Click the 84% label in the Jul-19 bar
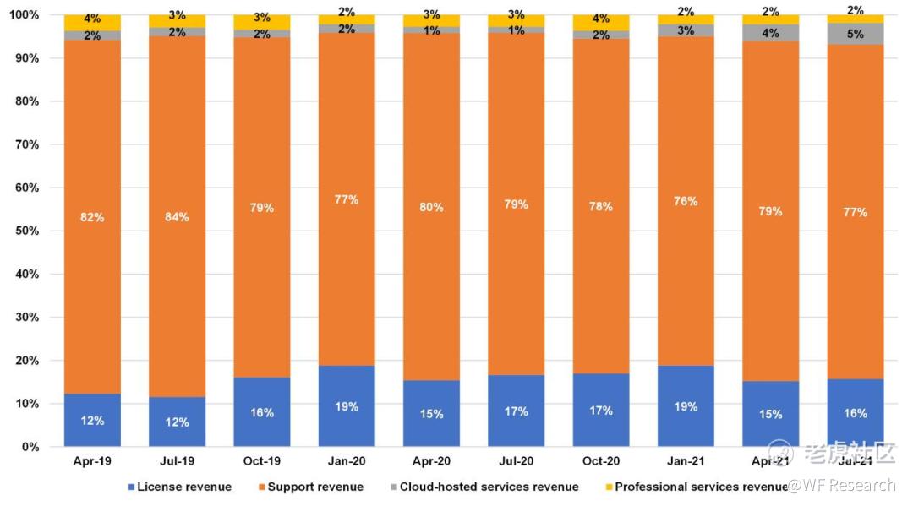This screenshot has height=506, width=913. (177, 217)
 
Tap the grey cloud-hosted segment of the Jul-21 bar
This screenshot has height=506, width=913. (856, 34)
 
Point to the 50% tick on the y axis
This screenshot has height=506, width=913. (27, 231)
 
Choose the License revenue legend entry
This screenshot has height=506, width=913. (180, 487)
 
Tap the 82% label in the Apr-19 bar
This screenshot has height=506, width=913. (92, 217)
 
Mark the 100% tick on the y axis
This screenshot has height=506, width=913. (24, 15)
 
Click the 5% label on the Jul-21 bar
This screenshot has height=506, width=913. (855, 35)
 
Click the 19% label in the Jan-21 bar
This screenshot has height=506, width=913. (686, 406)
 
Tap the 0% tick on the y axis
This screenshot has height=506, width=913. (30, 447)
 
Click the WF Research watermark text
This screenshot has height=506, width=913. (840, 485)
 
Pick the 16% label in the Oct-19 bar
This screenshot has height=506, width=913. (262, 412)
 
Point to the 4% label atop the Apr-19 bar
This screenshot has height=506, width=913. (92, 18)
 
